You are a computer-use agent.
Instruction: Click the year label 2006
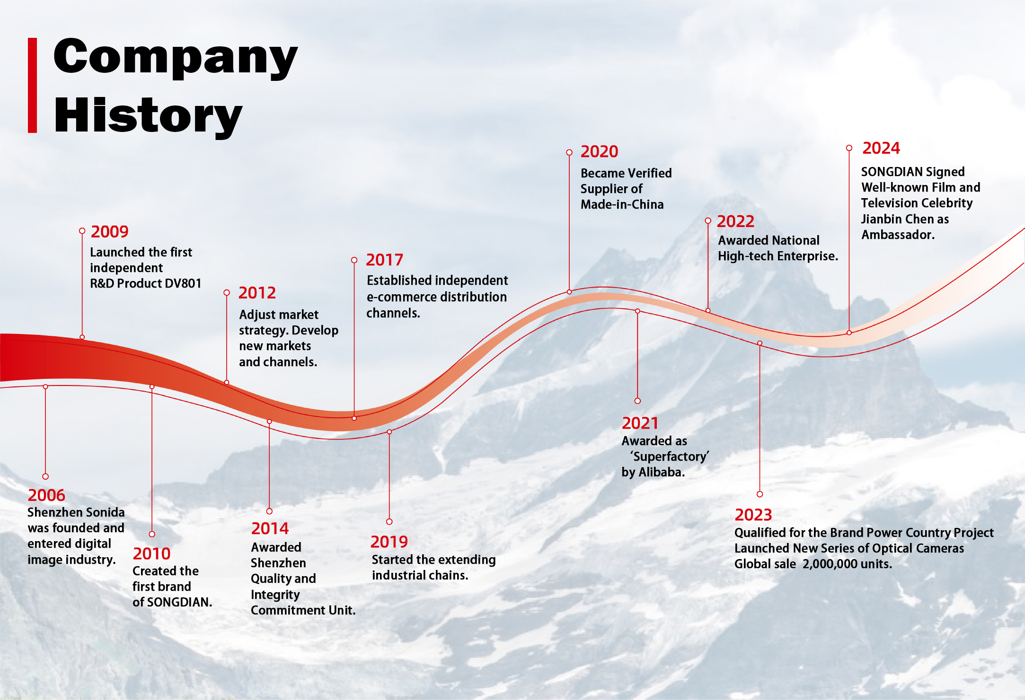[x=46, y=495]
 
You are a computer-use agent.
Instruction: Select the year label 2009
[x=109, y=232]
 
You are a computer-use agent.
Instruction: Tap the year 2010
[x=151, y=553]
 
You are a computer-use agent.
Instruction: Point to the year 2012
[x=257, y=293]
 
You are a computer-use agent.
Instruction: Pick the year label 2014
[x=270, y=528]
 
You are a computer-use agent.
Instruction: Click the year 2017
[x=384, y=260]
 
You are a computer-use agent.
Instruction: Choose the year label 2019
[x=389, y=542]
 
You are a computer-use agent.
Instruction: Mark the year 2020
[x=599, y=151]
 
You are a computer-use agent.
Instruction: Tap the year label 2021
[x=640, y=423]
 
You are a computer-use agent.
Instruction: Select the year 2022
[x=735, y=221]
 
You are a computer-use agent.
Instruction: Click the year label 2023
[x=753, y=515]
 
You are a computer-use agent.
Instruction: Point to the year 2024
[x=881, y=148]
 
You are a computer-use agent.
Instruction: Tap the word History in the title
[x=148, y=116]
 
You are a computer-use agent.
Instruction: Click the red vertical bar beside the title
[x=33, y=85]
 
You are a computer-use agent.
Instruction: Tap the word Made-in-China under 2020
[x=622, y=204]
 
